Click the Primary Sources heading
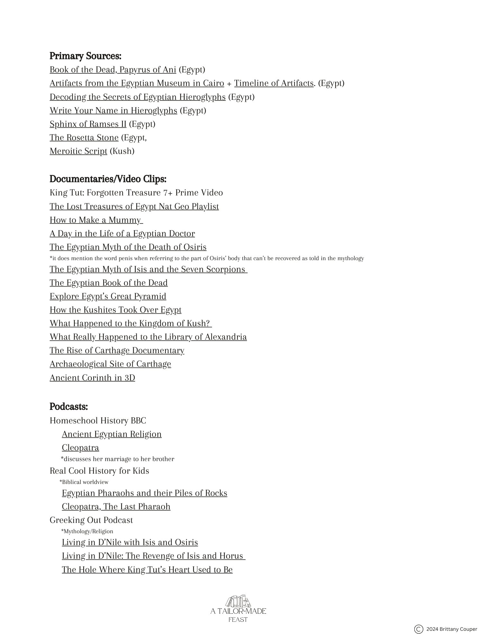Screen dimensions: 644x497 85,56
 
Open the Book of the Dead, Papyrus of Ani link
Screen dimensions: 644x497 113,70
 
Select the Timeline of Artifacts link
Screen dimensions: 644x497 273,83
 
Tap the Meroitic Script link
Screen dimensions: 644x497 78,151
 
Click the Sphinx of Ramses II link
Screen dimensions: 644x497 88,124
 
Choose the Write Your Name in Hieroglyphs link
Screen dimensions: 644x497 113,110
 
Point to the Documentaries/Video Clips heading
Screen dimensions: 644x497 108,179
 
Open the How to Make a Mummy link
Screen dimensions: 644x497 96,220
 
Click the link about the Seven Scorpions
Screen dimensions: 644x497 148,269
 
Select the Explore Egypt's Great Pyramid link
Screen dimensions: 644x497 108,296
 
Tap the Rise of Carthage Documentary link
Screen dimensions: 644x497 117,350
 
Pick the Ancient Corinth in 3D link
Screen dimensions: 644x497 92,377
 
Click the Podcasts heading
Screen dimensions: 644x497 69,407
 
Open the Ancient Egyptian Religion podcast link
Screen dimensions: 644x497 112,434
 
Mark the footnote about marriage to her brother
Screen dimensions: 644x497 117,459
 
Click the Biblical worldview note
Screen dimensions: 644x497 84,482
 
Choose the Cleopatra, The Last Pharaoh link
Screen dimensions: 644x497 116,507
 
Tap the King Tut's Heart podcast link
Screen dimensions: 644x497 147,570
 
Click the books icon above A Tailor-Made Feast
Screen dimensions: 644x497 238,601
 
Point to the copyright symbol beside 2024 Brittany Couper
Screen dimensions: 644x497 418,629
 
